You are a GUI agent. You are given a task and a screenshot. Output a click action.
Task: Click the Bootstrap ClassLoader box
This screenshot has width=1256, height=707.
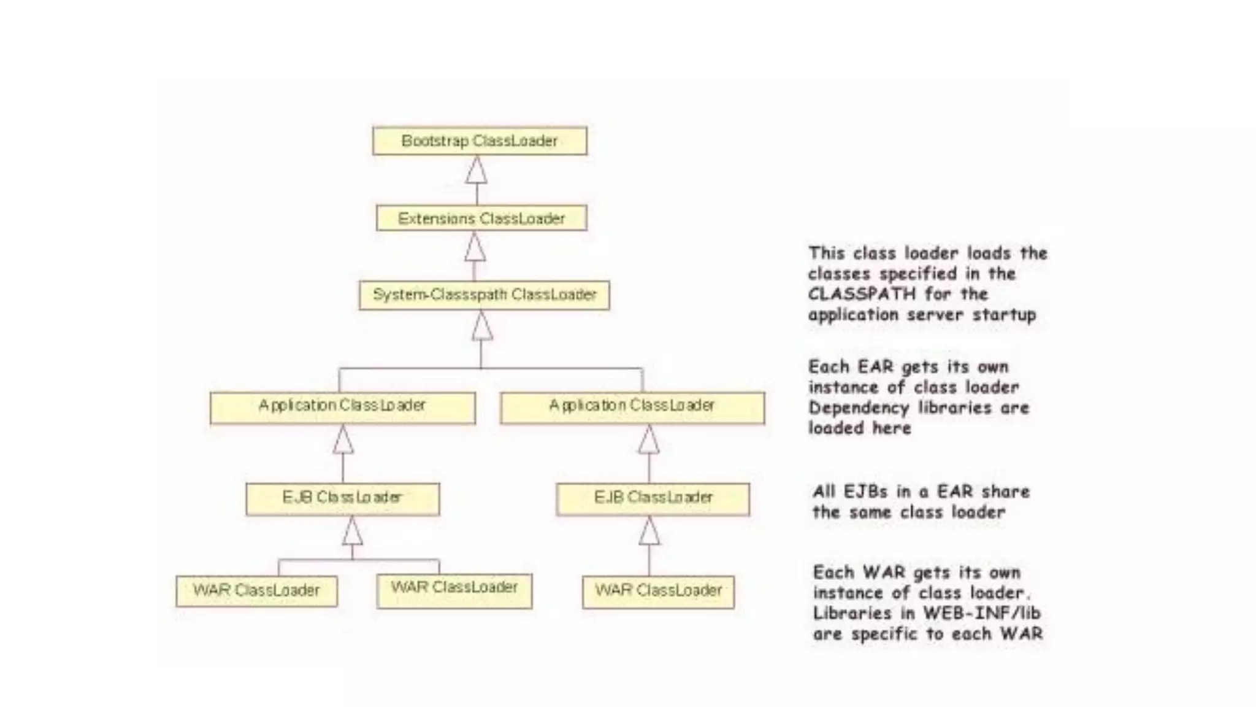pos(480,141)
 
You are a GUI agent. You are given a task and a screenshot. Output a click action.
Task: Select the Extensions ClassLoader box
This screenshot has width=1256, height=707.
pos(481,218)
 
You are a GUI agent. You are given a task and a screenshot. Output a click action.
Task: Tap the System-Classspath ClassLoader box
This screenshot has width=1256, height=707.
pos(484,295)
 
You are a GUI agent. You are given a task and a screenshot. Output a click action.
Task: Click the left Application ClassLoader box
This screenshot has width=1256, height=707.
pos(342,408)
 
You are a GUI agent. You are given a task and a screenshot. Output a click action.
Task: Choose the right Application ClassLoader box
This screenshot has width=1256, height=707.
pos(632,408)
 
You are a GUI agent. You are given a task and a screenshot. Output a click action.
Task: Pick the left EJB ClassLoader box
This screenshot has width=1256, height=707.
pos(342,499)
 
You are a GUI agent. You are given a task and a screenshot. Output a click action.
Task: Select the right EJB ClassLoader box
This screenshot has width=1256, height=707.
pos(653,499)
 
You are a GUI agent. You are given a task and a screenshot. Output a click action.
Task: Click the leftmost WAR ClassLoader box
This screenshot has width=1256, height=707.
pos(256,591)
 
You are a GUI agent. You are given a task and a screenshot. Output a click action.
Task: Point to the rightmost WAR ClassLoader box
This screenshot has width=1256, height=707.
pos(658,592)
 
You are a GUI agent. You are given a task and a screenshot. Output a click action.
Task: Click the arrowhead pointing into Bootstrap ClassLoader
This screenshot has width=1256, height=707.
pos(477,171)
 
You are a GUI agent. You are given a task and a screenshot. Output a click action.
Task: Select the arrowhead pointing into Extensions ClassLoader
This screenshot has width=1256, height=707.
pos(475,247)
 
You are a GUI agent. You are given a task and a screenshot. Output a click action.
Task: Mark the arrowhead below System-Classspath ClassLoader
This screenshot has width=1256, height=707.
pos(482,326)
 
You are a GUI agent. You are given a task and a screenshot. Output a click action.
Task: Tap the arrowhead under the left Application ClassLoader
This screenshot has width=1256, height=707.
pos(343,440)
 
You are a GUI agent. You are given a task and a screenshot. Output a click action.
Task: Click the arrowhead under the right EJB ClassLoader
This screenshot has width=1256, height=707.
pos(649,531)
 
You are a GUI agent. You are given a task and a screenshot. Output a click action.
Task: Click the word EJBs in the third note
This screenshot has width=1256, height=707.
pos(865,492)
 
